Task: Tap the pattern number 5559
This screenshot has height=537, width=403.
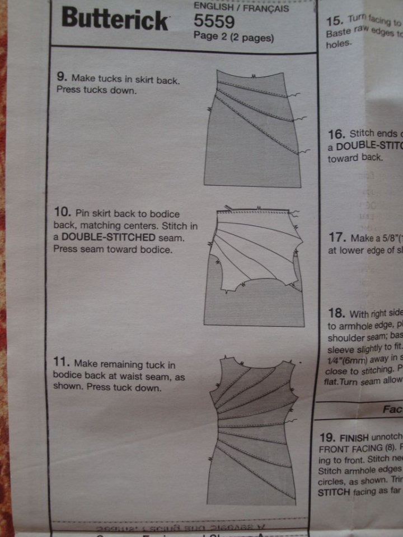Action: [x=213, y=22]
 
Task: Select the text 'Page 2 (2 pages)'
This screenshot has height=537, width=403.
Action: [x=233, y=37]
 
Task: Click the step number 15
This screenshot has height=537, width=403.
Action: [x=334, y=21]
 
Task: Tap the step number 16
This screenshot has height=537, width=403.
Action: [x=336, y=134]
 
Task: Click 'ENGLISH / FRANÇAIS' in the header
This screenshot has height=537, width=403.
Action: [x=241, y=8]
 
